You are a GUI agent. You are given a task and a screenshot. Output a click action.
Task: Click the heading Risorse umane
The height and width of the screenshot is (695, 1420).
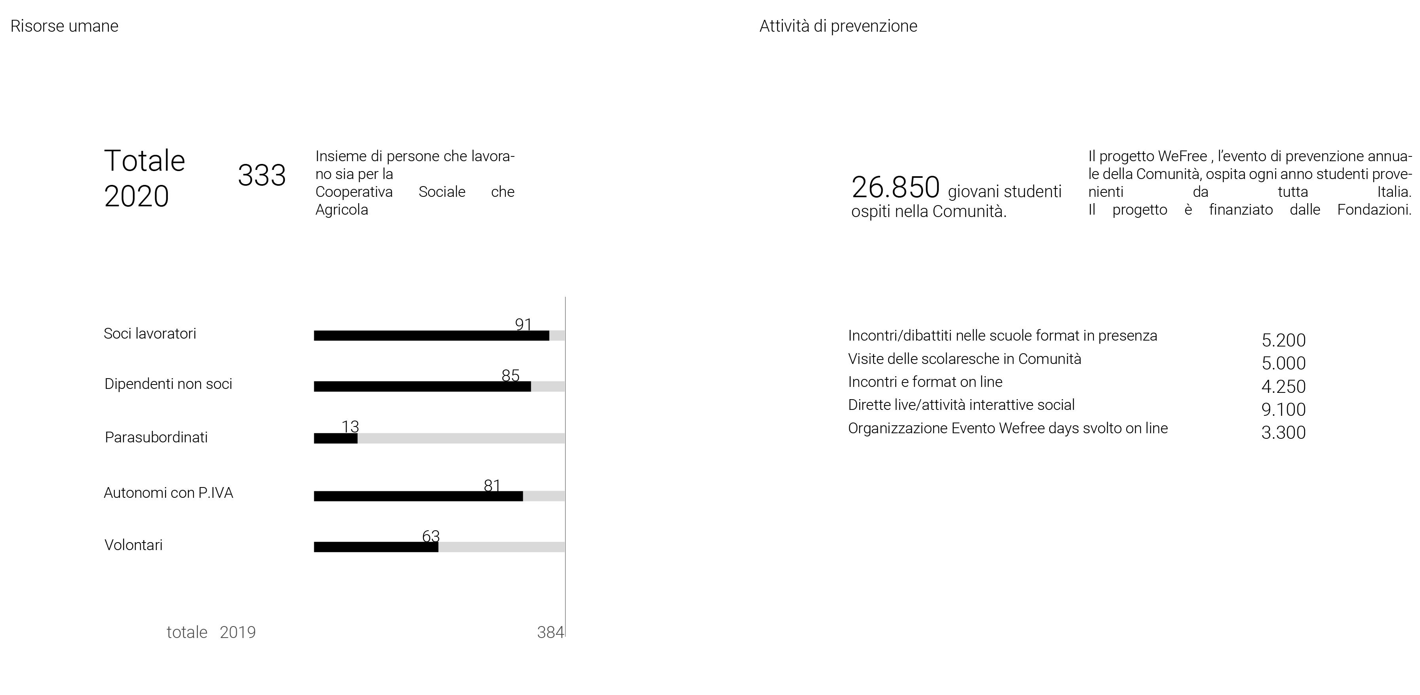click(x=65, y=26)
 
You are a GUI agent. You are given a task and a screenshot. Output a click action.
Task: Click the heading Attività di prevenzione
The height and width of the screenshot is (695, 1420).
click(x=838, y=26)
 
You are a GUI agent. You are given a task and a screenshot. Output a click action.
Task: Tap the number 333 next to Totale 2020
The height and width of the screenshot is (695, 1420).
click(x=262, y=175)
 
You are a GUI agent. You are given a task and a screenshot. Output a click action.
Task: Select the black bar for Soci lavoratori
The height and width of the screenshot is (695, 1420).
click(x=431, y=335)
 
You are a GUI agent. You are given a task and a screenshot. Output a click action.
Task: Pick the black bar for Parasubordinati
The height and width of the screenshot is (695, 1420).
click(x=336, y=438)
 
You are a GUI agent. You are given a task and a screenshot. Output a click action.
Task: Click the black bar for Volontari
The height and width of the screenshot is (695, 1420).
click(x=376, y=546)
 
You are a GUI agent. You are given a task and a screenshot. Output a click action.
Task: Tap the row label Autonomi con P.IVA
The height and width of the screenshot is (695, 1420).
click(x=169, y=493)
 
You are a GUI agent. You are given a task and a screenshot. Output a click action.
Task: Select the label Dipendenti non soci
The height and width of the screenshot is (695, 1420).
click(x=168, y=384)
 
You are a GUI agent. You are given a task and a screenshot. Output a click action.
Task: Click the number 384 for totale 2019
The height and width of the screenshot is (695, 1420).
click(x=550, y=632)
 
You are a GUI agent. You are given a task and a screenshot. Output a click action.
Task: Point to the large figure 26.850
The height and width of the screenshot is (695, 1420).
click(x=895, y=188)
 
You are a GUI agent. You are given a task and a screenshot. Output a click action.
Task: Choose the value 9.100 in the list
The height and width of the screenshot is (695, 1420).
click(x=1283, y=409)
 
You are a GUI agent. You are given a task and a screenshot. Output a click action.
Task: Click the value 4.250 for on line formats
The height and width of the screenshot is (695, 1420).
click(x=1283, y=386)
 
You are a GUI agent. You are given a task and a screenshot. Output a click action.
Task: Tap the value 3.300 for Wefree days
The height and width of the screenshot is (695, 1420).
click(x=1283, y=432)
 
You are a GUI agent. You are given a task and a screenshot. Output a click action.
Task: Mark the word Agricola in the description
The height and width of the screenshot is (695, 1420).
click(x=342, y=209)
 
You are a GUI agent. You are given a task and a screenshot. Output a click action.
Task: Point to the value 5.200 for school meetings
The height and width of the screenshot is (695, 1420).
click(x=1283, y=340)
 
